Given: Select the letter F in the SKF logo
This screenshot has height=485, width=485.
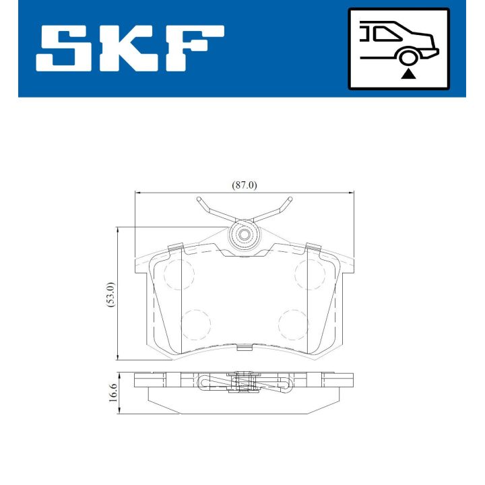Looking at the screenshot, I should [x=193, y=48].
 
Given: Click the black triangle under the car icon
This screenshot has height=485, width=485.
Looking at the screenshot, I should [x=407, y=73].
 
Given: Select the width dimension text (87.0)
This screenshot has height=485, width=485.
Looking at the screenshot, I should [x=244, y=185].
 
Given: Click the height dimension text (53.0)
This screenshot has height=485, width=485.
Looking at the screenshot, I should [x=111, y=294].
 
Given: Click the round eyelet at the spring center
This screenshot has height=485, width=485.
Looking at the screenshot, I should [x=243, y=236].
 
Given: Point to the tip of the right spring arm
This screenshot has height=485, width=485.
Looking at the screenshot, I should [x=290, y=199].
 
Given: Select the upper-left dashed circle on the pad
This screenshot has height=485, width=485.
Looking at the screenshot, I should [x=179, y=273].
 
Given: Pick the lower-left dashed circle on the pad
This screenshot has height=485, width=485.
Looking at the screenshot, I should [x=196, y=323].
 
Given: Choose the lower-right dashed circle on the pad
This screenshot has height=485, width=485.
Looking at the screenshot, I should [x=294, y=323].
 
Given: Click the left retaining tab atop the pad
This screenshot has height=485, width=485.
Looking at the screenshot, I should [x=174, y=247].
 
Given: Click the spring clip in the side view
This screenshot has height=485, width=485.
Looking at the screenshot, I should [x=244, y=383].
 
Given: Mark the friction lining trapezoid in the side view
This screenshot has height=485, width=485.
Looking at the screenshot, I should [x=244, y=403].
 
